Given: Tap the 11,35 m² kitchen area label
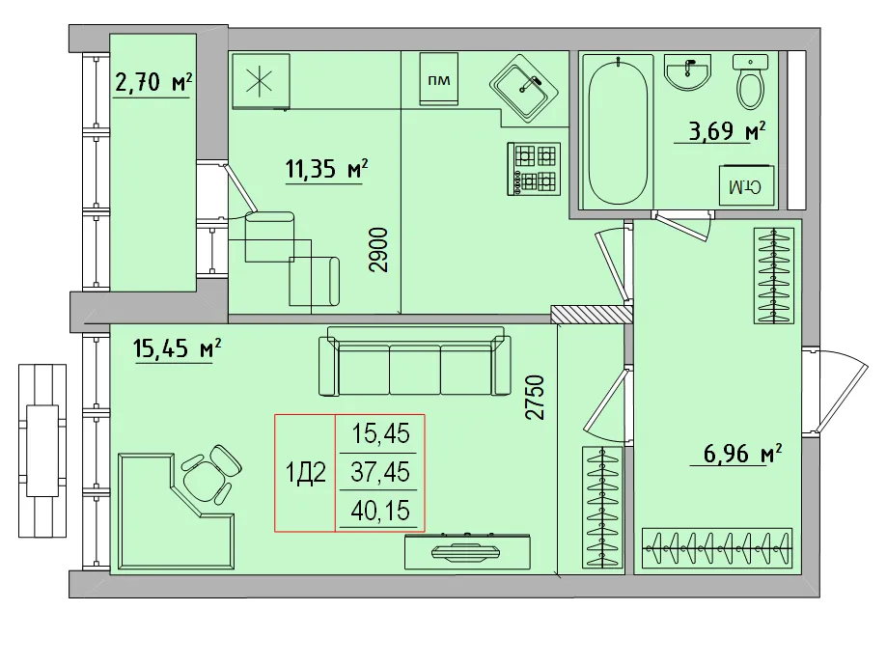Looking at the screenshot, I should tap(325, 170).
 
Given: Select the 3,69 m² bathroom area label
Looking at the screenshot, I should tap(726, 130).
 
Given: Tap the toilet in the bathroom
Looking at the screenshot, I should tap(752, 81).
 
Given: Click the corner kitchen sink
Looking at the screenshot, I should tap(523, 88).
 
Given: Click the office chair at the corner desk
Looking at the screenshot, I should tap(209, 474).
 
